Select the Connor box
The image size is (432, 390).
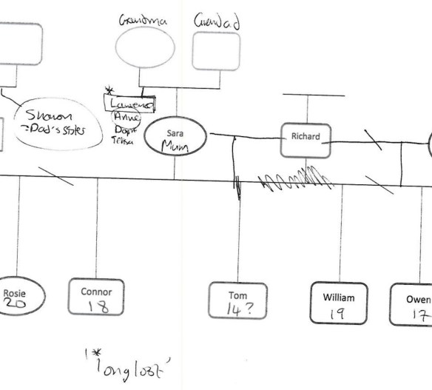coord(96,298)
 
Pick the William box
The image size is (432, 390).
coord(339,303)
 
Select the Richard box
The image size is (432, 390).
coord(306,138)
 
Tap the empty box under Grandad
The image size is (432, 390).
coord(216,51)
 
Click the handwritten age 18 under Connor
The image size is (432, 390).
coord(97,307)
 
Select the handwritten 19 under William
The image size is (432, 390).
coord(338,314)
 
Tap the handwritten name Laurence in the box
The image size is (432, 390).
coord(130,106)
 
